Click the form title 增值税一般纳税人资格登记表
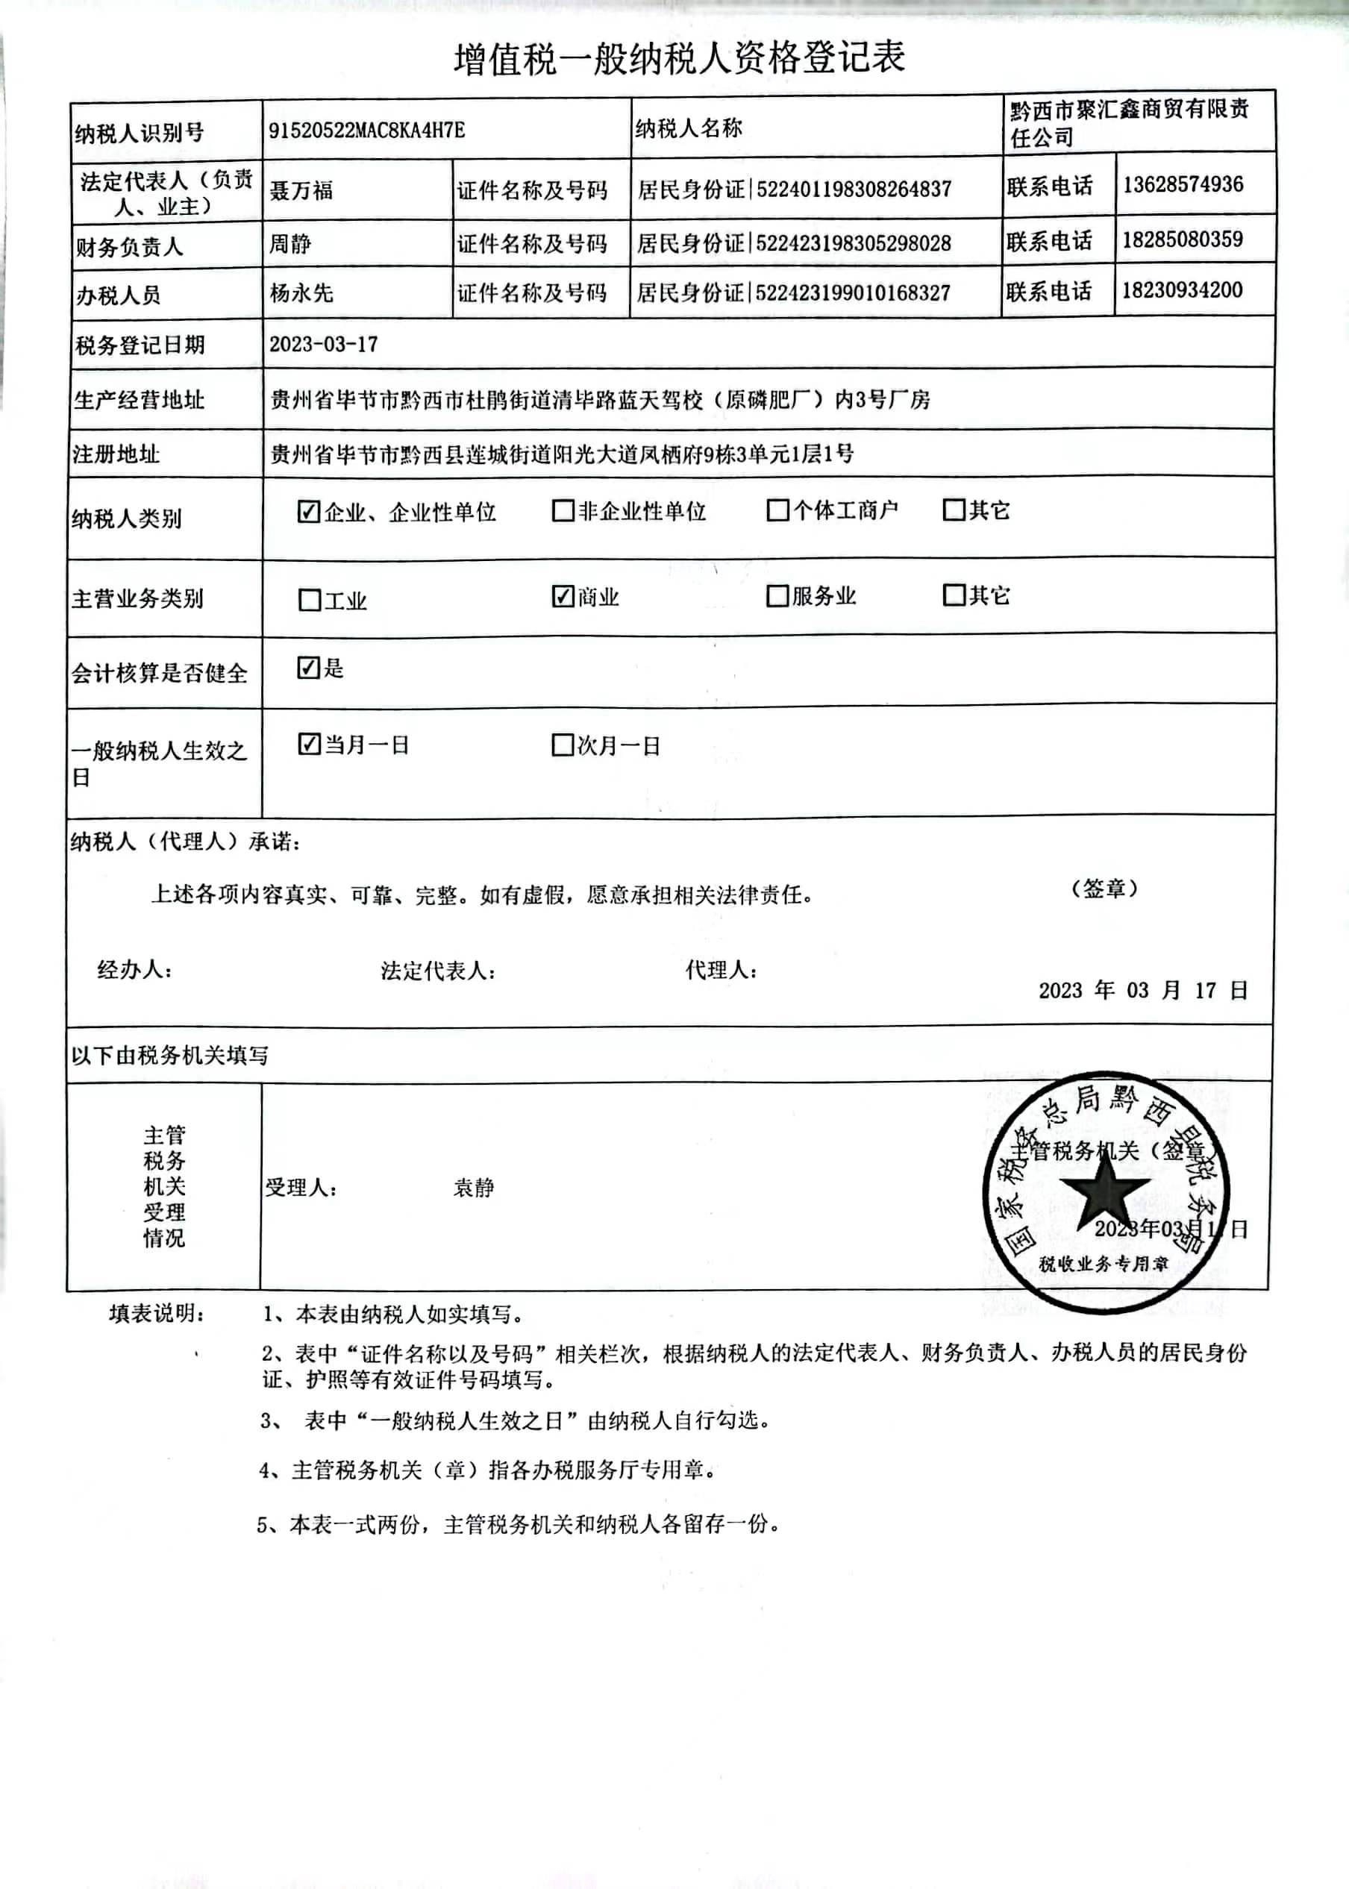click(x=679, y=59)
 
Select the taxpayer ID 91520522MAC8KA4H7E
click(x=366, y=131)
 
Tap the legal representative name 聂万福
click(x=301, y=191)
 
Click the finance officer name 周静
click(x=290, y=244)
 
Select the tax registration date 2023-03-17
click(x=323, y=345)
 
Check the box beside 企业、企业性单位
click(x=308, y=512)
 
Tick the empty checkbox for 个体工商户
click(x=777, y=510)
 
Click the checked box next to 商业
click(x=563, y=596)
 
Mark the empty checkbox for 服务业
click(x=777, y=596)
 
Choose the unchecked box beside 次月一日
click(x=563, y=745)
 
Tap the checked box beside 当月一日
click(x=308, y=744)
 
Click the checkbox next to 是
click(x=308, y=668)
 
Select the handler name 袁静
click(x=474, y=1188)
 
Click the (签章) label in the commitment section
click(x=1104, y=889)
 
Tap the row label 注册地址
click(x=116, y=454)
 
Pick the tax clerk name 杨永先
click(x=301, y=293)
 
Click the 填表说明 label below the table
click(x=156, y=1314)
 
